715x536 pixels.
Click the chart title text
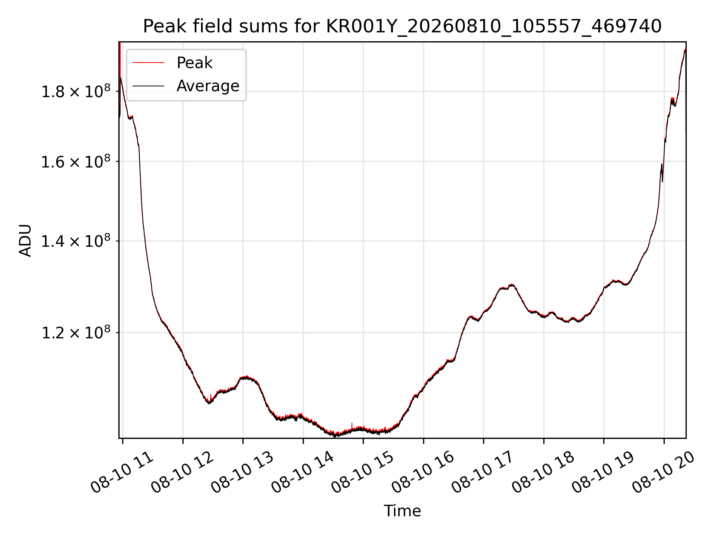402,26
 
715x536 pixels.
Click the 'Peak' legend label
194,63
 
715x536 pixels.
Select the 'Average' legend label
208,86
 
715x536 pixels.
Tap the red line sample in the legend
148,63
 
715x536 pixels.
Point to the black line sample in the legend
148,86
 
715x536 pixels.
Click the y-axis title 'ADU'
25,240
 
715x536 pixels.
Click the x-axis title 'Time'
402,511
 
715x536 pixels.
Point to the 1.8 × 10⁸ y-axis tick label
76,92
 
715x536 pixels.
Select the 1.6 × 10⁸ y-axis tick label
76,162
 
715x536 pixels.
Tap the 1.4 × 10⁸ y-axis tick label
76,241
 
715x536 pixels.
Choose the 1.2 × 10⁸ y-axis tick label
76,332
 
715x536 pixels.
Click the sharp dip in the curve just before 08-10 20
662,181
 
